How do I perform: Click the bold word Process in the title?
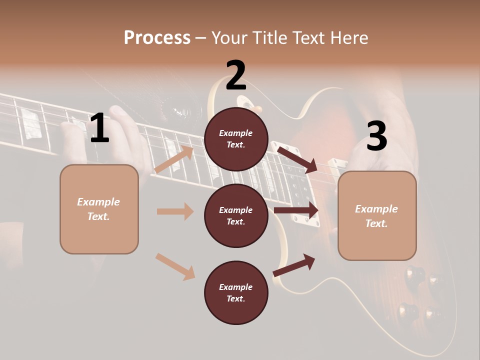point(157,37)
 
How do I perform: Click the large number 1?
point(99,128)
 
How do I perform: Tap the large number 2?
point(236,75)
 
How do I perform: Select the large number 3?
point(376,136)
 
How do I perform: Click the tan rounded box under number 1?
point(99,209)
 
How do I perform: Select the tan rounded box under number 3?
point(377,216)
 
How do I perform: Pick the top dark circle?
point(236,139)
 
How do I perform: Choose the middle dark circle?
point(236,216)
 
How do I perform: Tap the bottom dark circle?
point(236,293)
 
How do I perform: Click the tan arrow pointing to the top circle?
point(174,159)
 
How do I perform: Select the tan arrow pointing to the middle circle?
point(175,211)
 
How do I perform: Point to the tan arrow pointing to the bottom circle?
point(175,266)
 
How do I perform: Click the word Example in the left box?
point(98,202)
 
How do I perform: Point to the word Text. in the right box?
point(376,223)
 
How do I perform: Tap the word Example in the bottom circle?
point(236,287)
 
